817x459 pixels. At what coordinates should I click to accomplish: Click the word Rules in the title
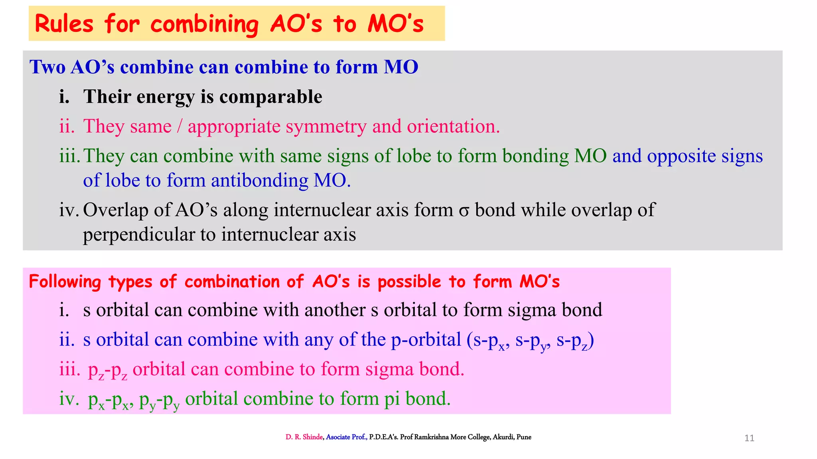[x=64, y=24]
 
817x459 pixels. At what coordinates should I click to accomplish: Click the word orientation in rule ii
[x=453, y=126]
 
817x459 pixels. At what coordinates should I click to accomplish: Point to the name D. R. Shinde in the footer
[x=304, y=437]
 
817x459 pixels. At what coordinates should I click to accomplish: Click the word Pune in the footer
[x=524, y=437]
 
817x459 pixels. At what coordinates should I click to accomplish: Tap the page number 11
[x=749, y=438]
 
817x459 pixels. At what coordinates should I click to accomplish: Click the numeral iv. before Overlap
[x=69, y=210]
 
